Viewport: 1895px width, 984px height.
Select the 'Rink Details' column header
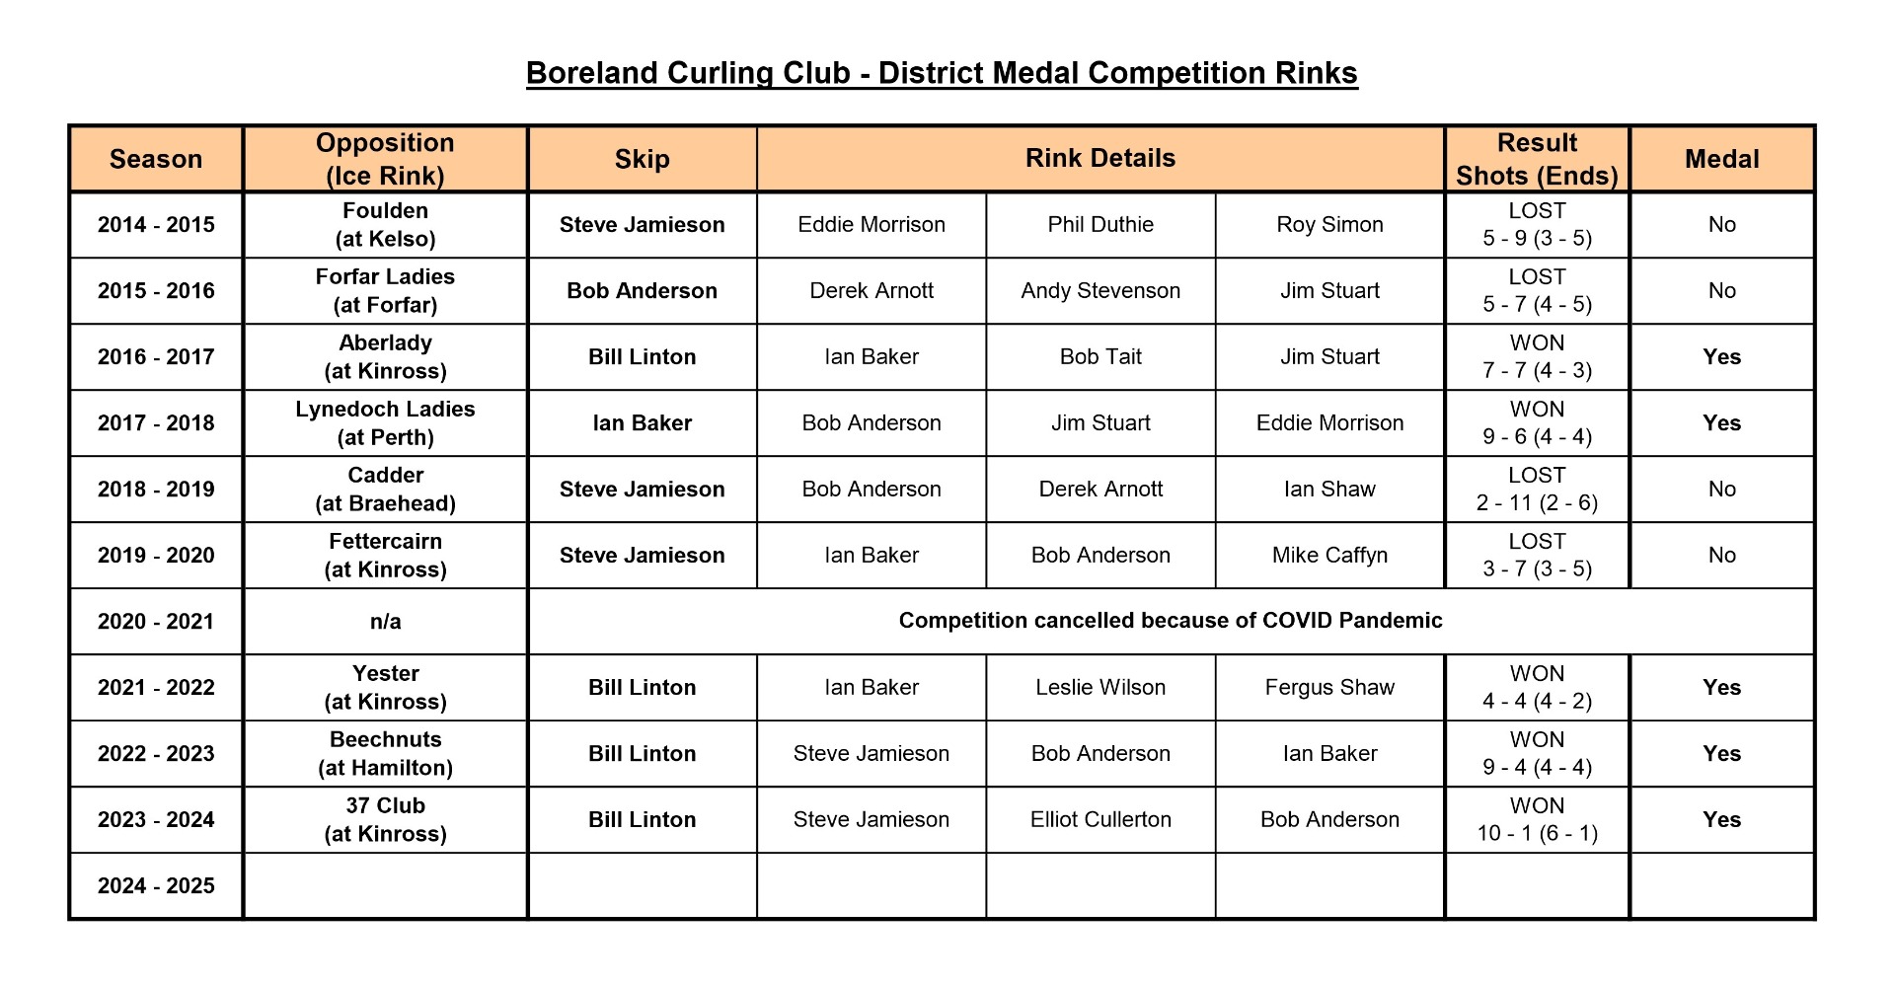pyautogui.click(x=1099, y=158)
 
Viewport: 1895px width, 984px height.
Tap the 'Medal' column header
pyautogui.click(x=1721, y=159)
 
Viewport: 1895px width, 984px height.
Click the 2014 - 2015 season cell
pyautogui.click(x=156, y=225)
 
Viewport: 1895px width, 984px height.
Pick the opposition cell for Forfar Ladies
pyautogui.click(x=385, y=290)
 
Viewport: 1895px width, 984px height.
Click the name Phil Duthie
pyautogui.click(x=1100, y=225)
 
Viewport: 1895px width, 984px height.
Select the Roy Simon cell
pyautogui.click(x=1329, y=225)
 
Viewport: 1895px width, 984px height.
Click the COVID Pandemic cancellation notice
pyautogui.click(x=1170, y=621)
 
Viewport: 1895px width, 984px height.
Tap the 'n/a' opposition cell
pyautogui.click(x=385, y=622)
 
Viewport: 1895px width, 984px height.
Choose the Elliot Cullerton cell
pyautogui.click(x=1100, y=819)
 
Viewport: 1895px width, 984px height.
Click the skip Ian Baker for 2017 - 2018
pyautogui.click(x=642, y=423)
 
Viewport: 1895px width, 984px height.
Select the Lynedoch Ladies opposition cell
pyautogui.click(x=385, y=422)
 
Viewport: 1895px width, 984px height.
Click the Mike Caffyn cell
pyautogui.click(x=1329, y=556)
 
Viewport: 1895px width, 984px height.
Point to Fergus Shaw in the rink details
pyautogui.click(x=1329, y=688)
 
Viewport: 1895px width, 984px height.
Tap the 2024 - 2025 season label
pyautogui.click(x=156, y=886)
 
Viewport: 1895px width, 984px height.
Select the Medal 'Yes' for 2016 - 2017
pyautogui.click(x=1721, y=357)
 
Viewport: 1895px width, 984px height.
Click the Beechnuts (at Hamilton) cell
pyautogui.click(x=385, y=753)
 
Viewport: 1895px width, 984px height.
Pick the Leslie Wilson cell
pyautogui.click(x=1100, y=688)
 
